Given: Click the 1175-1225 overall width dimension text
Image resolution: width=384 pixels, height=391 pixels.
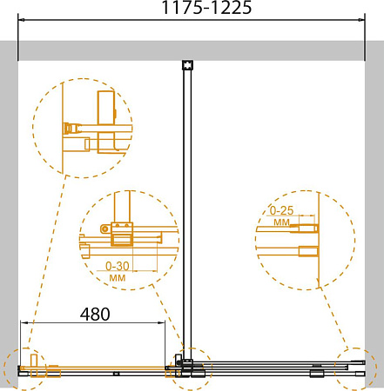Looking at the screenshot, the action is [206, 8].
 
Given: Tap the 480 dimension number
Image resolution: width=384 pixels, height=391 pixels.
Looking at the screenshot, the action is [95, 315].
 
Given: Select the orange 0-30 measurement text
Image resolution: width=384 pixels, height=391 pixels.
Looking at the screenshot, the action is [118, 266].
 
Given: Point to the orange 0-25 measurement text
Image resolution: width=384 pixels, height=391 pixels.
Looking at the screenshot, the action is [281, 210].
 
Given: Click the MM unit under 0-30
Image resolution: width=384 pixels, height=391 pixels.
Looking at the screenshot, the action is [118, 278].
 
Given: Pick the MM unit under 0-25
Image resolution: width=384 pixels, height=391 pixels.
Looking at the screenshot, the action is [281, 222].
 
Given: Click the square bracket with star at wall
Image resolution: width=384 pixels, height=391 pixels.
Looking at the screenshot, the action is [187, 65].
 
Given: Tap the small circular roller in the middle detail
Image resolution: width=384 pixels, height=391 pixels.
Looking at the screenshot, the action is [104, 229].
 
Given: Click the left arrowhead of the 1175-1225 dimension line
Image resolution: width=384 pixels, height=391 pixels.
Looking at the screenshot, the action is [22, 20].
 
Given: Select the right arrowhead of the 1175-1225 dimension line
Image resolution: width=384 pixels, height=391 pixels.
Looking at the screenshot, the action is [361, 20].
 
